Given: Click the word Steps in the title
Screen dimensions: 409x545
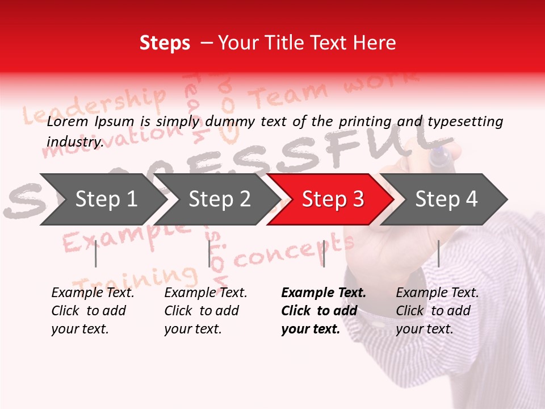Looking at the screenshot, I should pos(165,43).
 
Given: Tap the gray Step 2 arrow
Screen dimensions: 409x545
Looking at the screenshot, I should pos(219,199).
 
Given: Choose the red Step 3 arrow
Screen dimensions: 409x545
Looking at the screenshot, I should pos(333,199).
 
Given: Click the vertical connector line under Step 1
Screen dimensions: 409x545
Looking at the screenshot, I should pos(96,253).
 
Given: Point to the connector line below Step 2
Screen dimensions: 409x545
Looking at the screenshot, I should pos(209,253).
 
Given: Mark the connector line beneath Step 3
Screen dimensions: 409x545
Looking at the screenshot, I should pos(324,253).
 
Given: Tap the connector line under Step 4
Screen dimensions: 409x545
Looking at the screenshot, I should pos(439,253).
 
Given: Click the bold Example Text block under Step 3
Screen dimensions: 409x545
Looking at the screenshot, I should pos(324,311).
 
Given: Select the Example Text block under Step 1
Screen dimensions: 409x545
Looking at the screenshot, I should pos(93,311).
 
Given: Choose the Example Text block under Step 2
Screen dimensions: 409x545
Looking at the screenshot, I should pos(206,311).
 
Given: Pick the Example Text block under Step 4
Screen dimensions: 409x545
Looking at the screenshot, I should pos(437,311).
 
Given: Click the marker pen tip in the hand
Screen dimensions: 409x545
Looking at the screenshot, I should pos(438,157).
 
